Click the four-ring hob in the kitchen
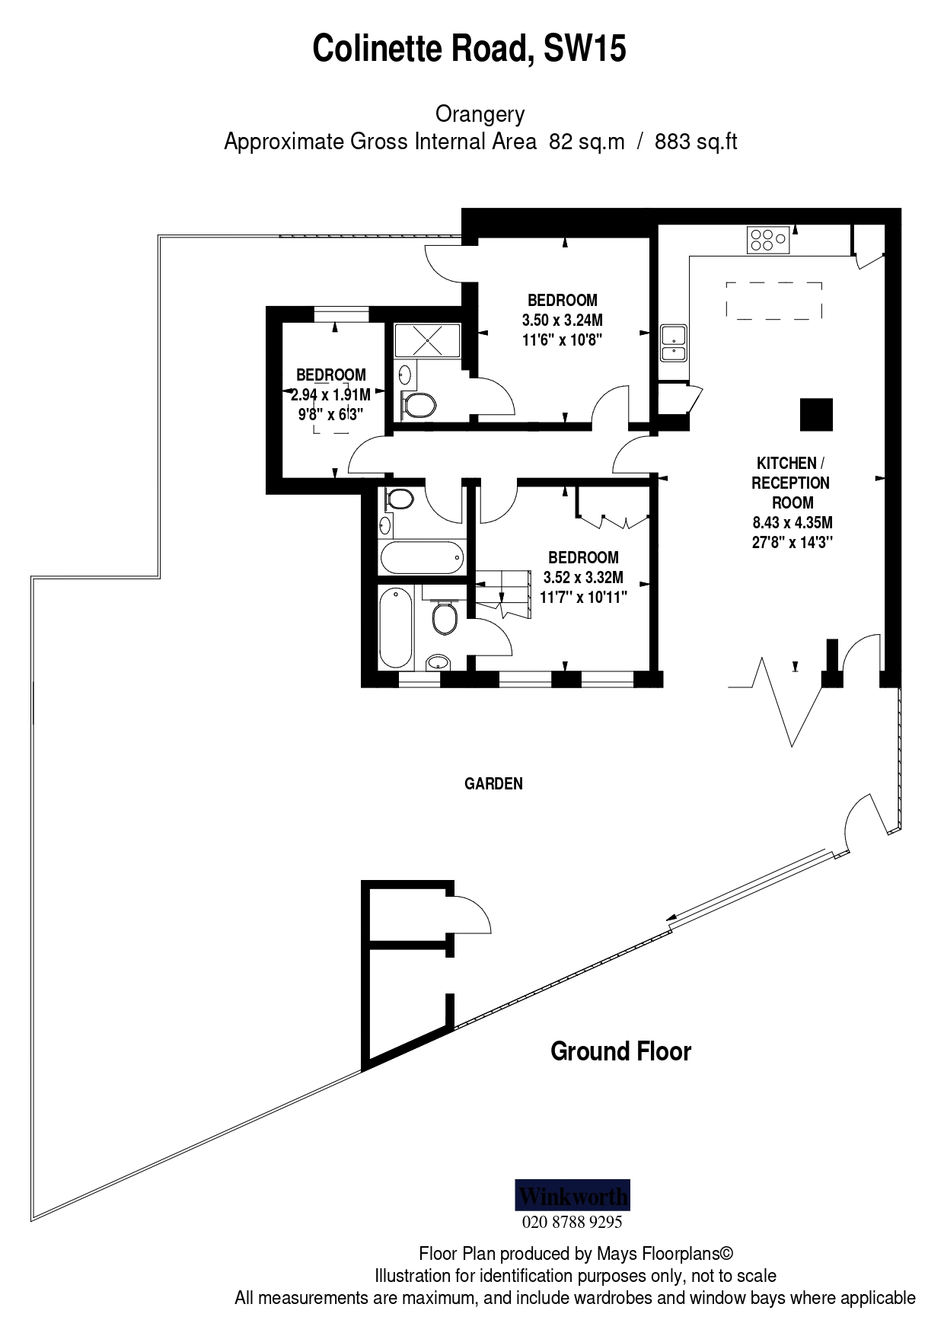click(769, 240)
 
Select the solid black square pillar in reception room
click(816, 414)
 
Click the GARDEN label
click(493, 783)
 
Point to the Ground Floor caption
click(620, 1051)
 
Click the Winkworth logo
click(572, 1195)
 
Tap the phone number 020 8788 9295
click(572, 1222)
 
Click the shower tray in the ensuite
click(427, 340)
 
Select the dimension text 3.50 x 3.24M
click(562, 320)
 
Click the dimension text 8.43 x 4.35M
click(792, 522)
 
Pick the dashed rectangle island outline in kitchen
click(773, 301)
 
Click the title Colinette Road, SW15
click(469, 49)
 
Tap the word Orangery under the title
click(480, 114)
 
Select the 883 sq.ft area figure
click(696, 142)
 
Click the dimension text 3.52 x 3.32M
click(583, 577)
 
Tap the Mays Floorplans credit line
click(576, 1253)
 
